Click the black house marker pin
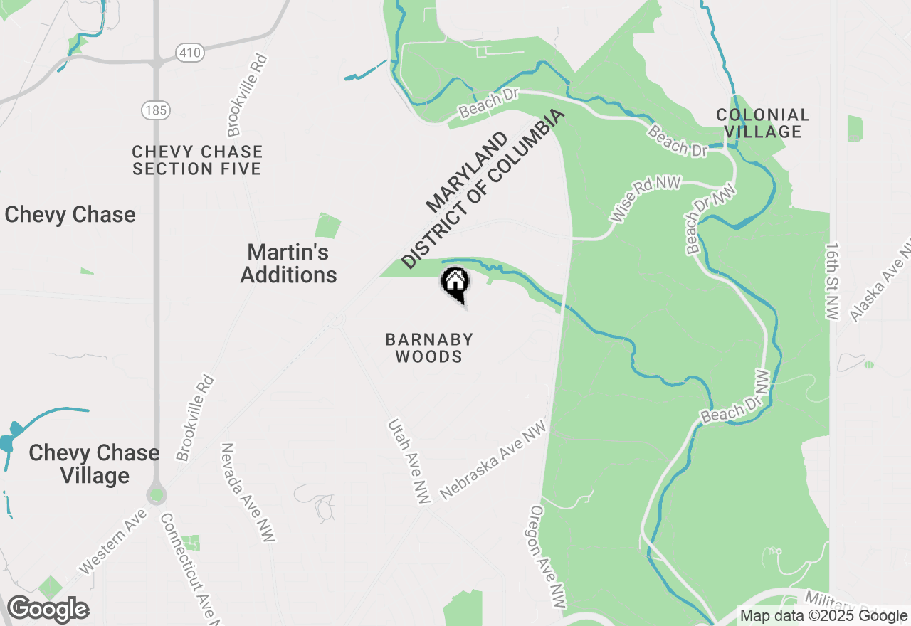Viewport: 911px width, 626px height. [x=455, y=283]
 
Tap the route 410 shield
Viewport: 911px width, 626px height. [x=190, y=53]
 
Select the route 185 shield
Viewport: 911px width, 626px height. [x=154, y=110]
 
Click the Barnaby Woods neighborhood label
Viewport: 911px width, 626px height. [x=429, y=348]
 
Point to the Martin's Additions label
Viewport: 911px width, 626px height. [x=288, y=263]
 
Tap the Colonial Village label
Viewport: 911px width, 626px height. [x=762, y=123]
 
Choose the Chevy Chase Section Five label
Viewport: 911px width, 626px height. [x=197, y=160]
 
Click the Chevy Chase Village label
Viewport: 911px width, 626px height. [x=94, y=464]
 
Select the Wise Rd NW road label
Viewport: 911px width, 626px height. [x=646, y=198]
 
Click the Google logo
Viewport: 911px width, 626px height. [x=48, y=610]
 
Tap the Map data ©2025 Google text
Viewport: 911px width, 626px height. [x=823, y=616]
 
